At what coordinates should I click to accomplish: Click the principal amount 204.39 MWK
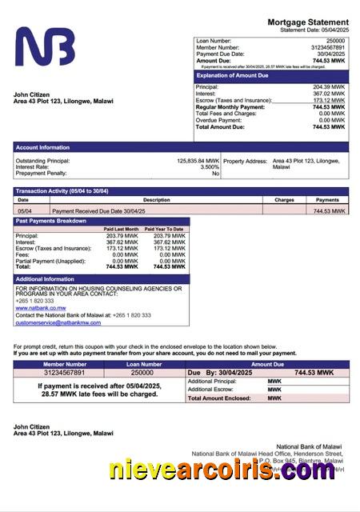click(x=329, y=86)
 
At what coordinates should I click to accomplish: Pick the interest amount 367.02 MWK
click(x=329, y=94)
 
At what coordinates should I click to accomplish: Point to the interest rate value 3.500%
click(x=210, y=167)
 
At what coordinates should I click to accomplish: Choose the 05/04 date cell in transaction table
click(x=25, y=210)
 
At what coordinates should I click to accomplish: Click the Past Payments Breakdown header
click(x=51, y=221)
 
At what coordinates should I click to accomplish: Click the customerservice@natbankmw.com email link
click(x=58, y=322)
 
